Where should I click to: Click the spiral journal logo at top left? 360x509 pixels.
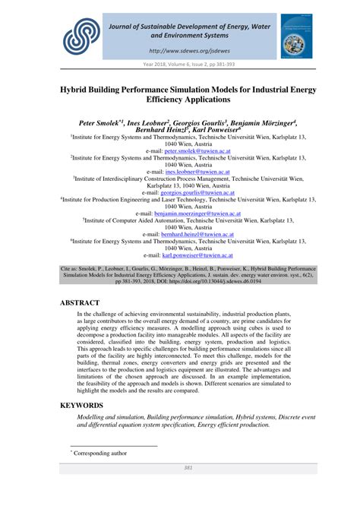[x=81, y=33]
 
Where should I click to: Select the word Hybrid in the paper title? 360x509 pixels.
[x=81, y=89]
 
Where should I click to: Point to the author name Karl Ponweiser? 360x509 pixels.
[x=247, y=131]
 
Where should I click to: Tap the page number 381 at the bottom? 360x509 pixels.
[x=180, y=489]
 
